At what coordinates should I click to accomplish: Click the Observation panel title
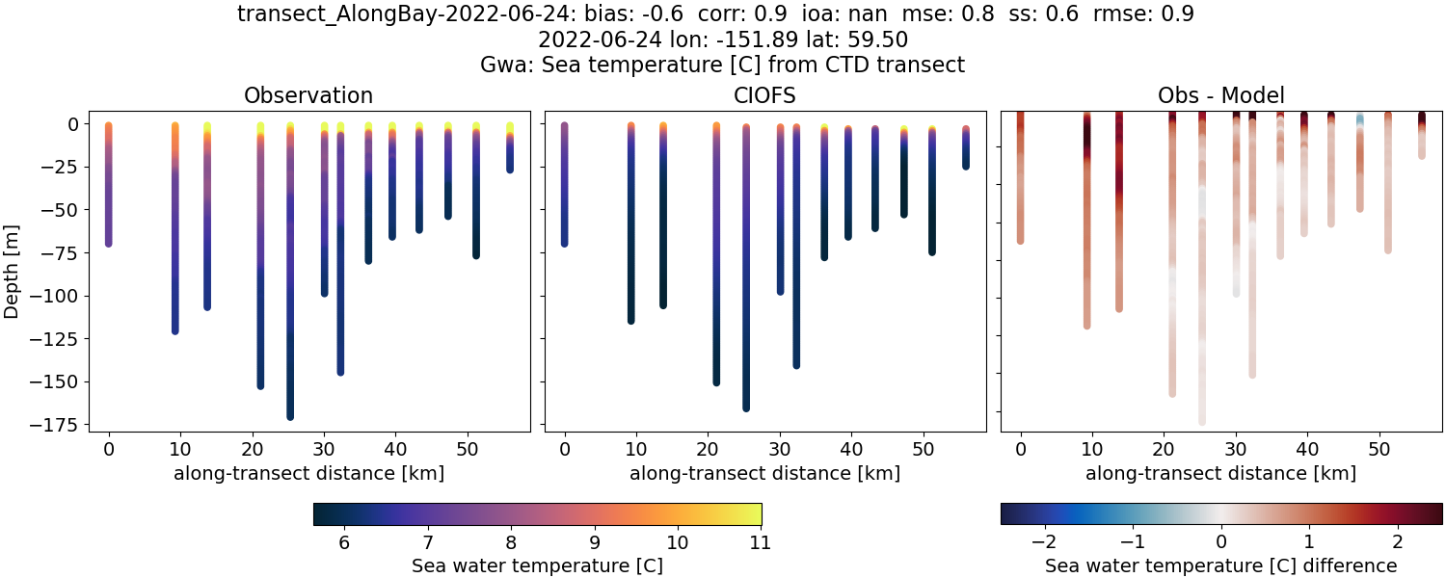(x=308, y=95)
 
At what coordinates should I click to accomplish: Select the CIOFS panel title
(x=765, y=95)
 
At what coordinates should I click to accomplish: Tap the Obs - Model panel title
(x=1220, y=95)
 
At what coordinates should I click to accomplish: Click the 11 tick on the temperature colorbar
(x=760, y=542)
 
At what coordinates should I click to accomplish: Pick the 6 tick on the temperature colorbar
(x=344, y=542)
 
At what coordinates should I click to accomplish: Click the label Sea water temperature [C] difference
(x=1220, y=565)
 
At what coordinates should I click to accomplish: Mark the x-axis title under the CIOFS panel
(x=765, y=473)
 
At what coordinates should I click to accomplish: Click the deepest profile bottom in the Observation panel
(x=290, y=415)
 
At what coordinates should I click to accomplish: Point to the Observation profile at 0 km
(x=109, y=183)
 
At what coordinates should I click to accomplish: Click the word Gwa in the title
(x=501, y=65)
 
